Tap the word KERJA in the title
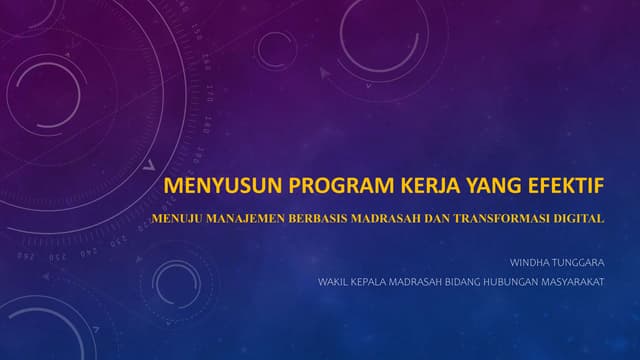(412, 187)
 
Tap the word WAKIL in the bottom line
(333, 282)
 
